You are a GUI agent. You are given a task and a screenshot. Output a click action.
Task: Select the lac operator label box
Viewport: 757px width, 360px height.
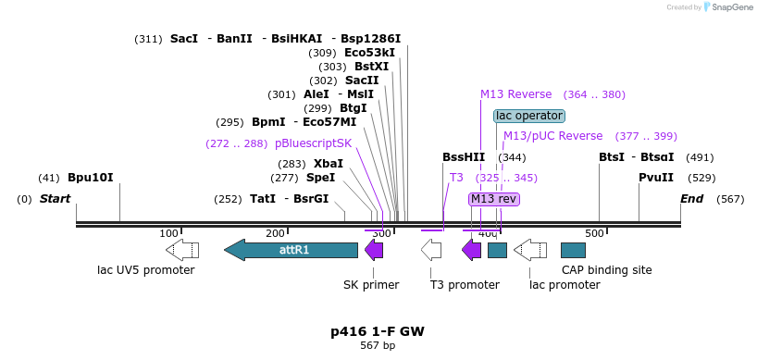pos(528,116)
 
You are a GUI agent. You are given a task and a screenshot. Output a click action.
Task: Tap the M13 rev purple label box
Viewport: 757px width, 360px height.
pos(493,199)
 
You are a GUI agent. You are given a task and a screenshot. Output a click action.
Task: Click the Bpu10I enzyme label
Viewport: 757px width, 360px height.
pos(90,178)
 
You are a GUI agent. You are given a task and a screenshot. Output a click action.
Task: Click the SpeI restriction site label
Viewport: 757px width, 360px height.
pos(320,178)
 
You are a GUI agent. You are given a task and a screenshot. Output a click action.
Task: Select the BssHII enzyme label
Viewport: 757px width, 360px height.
pos(464,157)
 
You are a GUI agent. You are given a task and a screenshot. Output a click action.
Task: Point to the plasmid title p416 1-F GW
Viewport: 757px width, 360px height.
pos(378,331)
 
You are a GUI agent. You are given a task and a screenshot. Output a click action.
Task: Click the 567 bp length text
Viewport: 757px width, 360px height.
pos(378,346)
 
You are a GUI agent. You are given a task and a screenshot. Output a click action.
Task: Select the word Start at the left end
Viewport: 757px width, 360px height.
pos(55,199)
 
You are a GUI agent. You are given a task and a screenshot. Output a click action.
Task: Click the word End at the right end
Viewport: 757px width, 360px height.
pos(692,199)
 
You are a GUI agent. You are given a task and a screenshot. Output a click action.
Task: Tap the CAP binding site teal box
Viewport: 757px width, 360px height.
pos(573,250)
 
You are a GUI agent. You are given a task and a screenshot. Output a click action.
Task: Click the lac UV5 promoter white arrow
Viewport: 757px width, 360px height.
pos(182,250)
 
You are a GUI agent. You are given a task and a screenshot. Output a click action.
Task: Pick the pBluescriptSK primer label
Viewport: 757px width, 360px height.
pos(314,143)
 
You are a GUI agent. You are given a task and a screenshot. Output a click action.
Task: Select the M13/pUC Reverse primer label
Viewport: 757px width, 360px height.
pos(552,136)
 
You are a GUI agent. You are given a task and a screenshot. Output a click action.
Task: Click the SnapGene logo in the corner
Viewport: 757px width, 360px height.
pos(730,7)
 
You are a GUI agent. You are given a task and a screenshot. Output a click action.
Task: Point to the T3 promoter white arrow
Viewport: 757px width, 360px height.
pos(431,250)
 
